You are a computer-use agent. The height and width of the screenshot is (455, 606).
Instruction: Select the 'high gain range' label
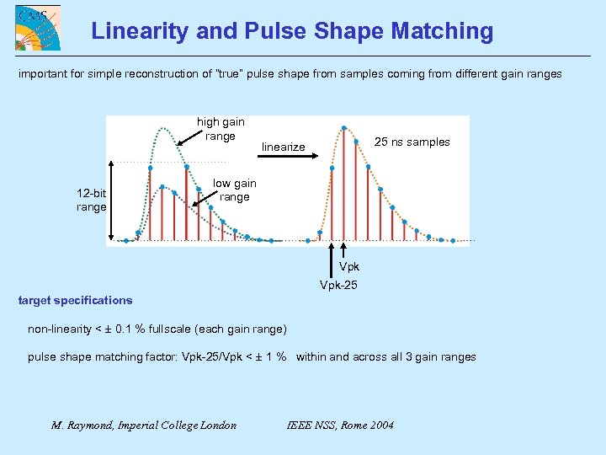click(x=221, y=129)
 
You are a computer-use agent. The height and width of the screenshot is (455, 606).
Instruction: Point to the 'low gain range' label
click(x=234, y=190)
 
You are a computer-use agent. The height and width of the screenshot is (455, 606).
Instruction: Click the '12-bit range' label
click(x=91, y=200)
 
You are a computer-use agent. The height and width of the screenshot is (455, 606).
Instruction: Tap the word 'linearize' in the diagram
click(x=283, y=147)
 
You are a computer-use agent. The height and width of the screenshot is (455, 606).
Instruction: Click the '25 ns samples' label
click(x=412, y=142)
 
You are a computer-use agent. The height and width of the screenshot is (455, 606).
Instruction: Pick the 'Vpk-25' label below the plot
click(x=338, y=285)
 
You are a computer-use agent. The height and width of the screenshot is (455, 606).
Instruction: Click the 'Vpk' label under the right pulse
click(x=348, y=267)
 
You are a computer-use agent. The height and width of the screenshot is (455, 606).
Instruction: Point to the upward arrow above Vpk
click(x=343, y=252)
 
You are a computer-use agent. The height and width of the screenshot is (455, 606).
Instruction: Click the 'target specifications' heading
click(x=75, y=300)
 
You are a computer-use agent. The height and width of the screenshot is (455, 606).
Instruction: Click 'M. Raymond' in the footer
click(x=85, y=425)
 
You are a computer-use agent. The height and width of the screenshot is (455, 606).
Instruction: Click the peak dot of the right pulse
click(x=343, y=128)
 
